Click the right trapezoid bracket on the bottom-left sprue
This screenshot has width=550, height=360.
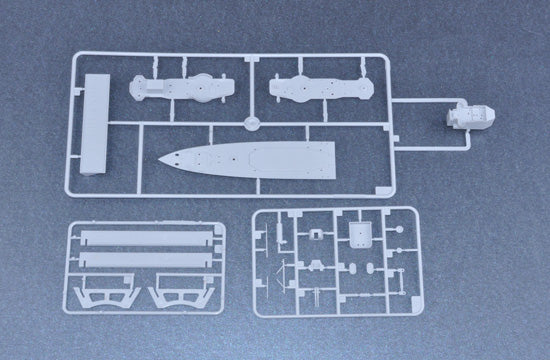176,296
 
